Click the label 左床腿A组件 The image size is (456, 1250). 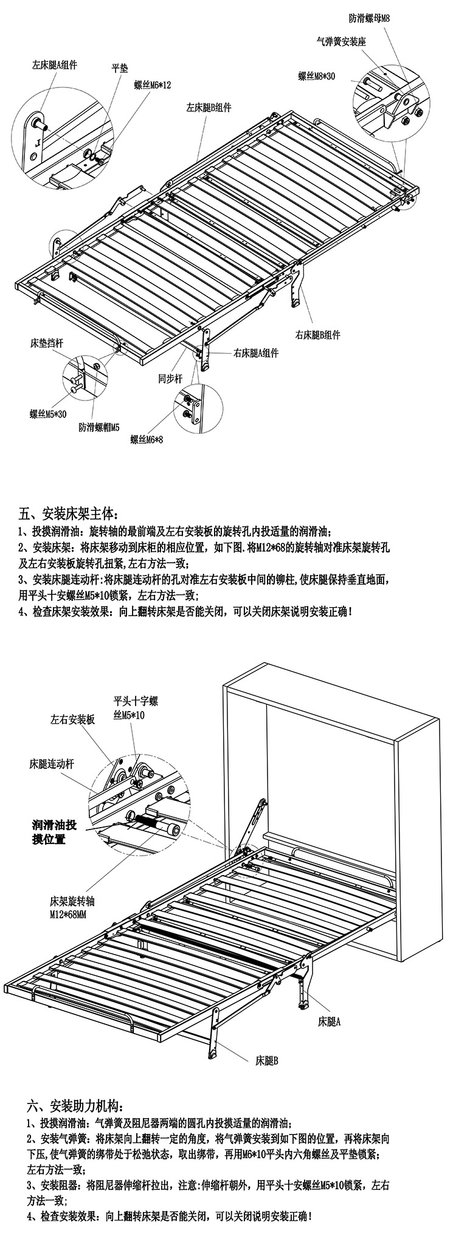tap(55, 64)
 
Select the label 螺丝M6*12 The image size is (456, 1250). tap(153, 86)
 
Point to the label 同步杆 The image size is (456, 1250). tap(170, 379)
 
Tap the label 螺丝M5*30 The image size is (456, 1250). tap(48, 414)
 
